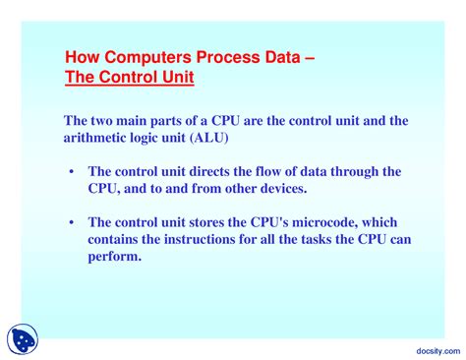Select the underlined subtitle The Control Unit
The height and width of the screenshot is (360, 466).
[129, 76]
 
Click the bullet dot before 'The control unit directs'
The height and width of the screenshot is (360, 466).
[72, 171]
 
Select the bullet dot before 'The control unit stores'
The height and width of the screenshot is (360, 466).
[72, 222]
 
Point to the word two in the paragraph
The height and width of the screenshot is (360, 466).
[103, 119]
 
